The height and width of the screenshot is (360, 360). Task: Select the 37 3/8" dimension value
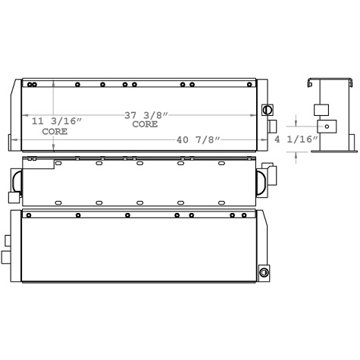pyautogui.click(x=146, y=115)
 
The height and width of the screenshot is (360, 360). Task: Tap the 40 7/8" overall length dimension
pyautogui.click(x=193, y=139)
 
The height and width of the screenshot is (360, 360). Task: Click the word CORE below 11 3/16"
pyautogui.click(x=54, y=131)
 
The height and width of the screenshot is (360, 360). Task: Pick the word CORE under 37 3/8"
pyautogui.click(x=145, y=124)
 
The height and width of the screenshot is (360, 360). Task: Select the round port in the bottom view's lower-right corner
pyautogui.click(x=264, y=272)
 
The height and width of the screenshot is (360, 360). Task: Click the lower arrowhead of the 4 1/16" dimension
pyautogui.click(x=296, y=149)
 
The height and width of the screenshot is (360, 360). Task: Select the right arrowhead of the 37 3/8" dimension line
pyautogui.click(x=255, y=115)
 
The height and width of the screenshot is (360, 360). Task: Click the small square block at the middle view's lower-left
pyautogui.click(x=13, y=197)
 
